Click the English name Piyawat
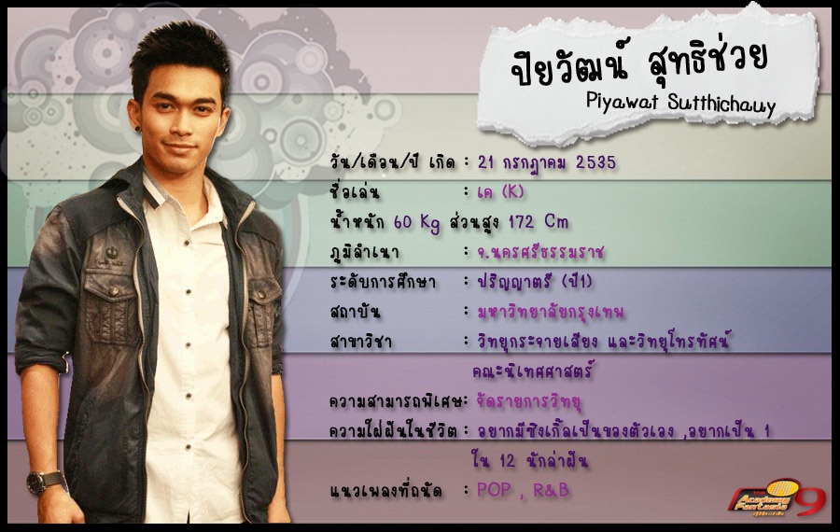(x=622, y=100)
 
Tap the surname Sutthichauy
(x=721, y=104)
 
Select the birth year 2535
(x=595, y=161)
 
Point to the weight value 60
(x=402, y=221)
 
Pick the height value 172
(x=521, y=221)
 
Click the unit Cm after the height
(x=556, y=220)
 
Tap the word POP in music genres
(x=494, y=490)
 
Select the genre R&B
(x=551, y=490)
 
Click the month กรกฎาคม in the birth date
(x=534, y=162)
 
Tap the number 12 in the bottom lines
(x=507, y=460)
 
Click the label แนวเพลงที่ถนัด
(x=385, y=490)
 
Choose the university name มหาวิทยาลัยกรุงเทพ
(x=551, y=312)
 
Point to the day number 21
(x=485, y=161)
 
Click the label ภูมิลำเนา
(x=364, y=252)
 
